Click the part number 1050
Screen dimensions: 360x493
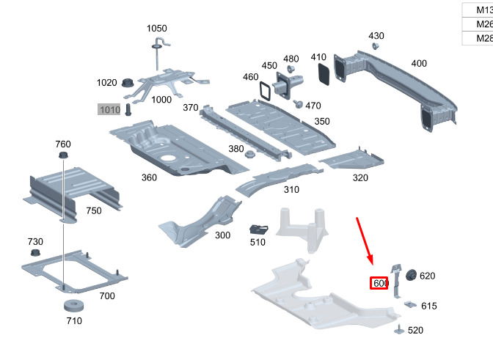pos(157,29)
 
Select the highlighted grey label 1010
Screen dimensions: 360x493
pos(109,110)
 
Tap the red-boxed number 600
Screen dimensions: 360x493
pos(379,283)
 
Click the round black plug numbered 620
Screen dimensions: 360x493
pos(409,275)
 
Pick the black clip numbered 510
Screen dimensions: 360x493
pos(259,229)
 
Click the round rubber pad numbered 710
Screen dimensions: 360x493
pos(72,306)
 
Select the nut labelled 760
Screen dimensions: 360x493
pos(63,157)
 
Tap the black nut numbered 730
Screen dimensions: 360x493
pos(35,254)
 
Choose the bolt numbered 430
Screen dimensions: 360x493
pos(376,46)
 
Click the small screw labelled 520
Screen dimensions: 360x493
pos(399,328)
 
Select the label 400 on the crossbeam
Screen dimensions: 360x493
pos(418,64)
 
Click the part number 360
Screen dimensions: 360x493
pos(149,177)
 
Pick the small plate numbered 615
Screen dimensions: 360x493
pos(409,304)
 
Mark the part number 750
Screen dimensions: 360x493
pos(93,210)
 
